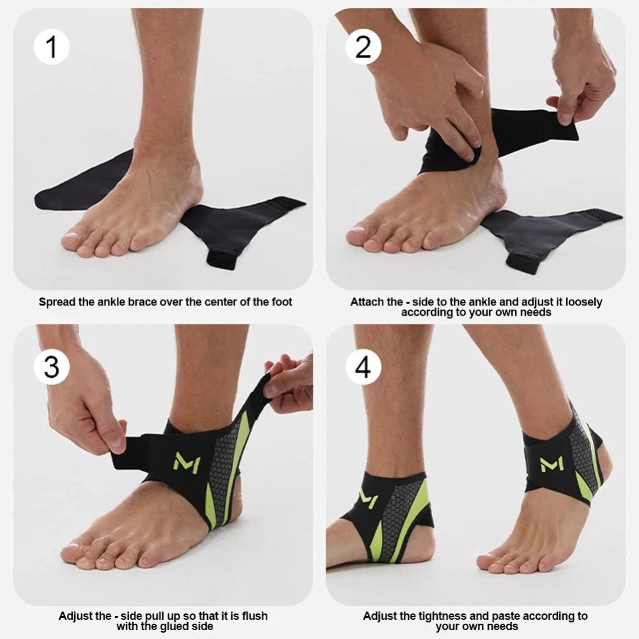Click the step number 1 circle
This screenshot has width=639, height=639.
(x=52, y=47)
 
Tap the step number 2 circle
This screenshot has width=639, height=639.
(x=364, y=47)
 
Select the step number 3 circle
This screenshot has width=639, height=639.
(x=52, y=367)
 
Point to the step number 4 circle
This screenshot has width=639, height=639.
(x=364, y=367)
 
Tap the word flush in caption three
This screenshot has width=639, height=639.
(x=254, y=615)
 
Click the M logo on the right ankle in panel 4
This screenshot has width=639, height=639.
(x=552, y=464)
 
